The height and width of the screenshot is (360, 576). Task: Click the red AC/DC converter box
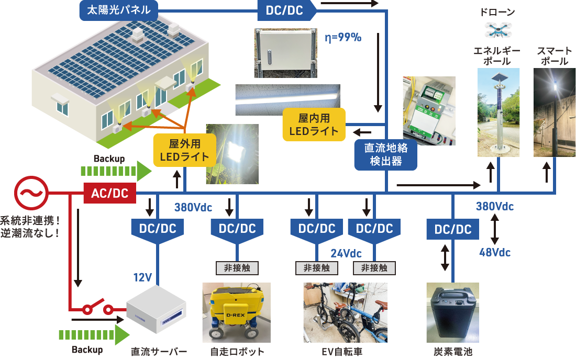tap(109, 193)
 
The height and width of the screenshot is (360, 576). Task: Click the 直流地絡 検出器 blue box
tap(385, 155)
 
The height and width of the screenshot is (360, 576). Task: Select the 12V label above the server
tap(142, 277)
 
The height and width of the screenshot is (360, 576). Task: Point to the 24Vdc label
tap(346, 254)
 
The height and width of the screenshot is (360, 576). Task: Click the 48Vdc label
tap(494, 253)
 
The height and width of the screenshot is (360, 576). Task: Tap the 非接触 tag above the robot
tap(237, 268)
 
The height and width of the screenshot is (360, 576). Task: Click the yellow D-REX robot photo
tap(237, 312)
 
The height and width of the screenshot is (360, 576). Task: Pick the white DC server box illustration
tap(157, 309)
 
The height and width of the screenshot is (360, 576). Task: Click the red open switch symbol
tap(98, 309)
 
